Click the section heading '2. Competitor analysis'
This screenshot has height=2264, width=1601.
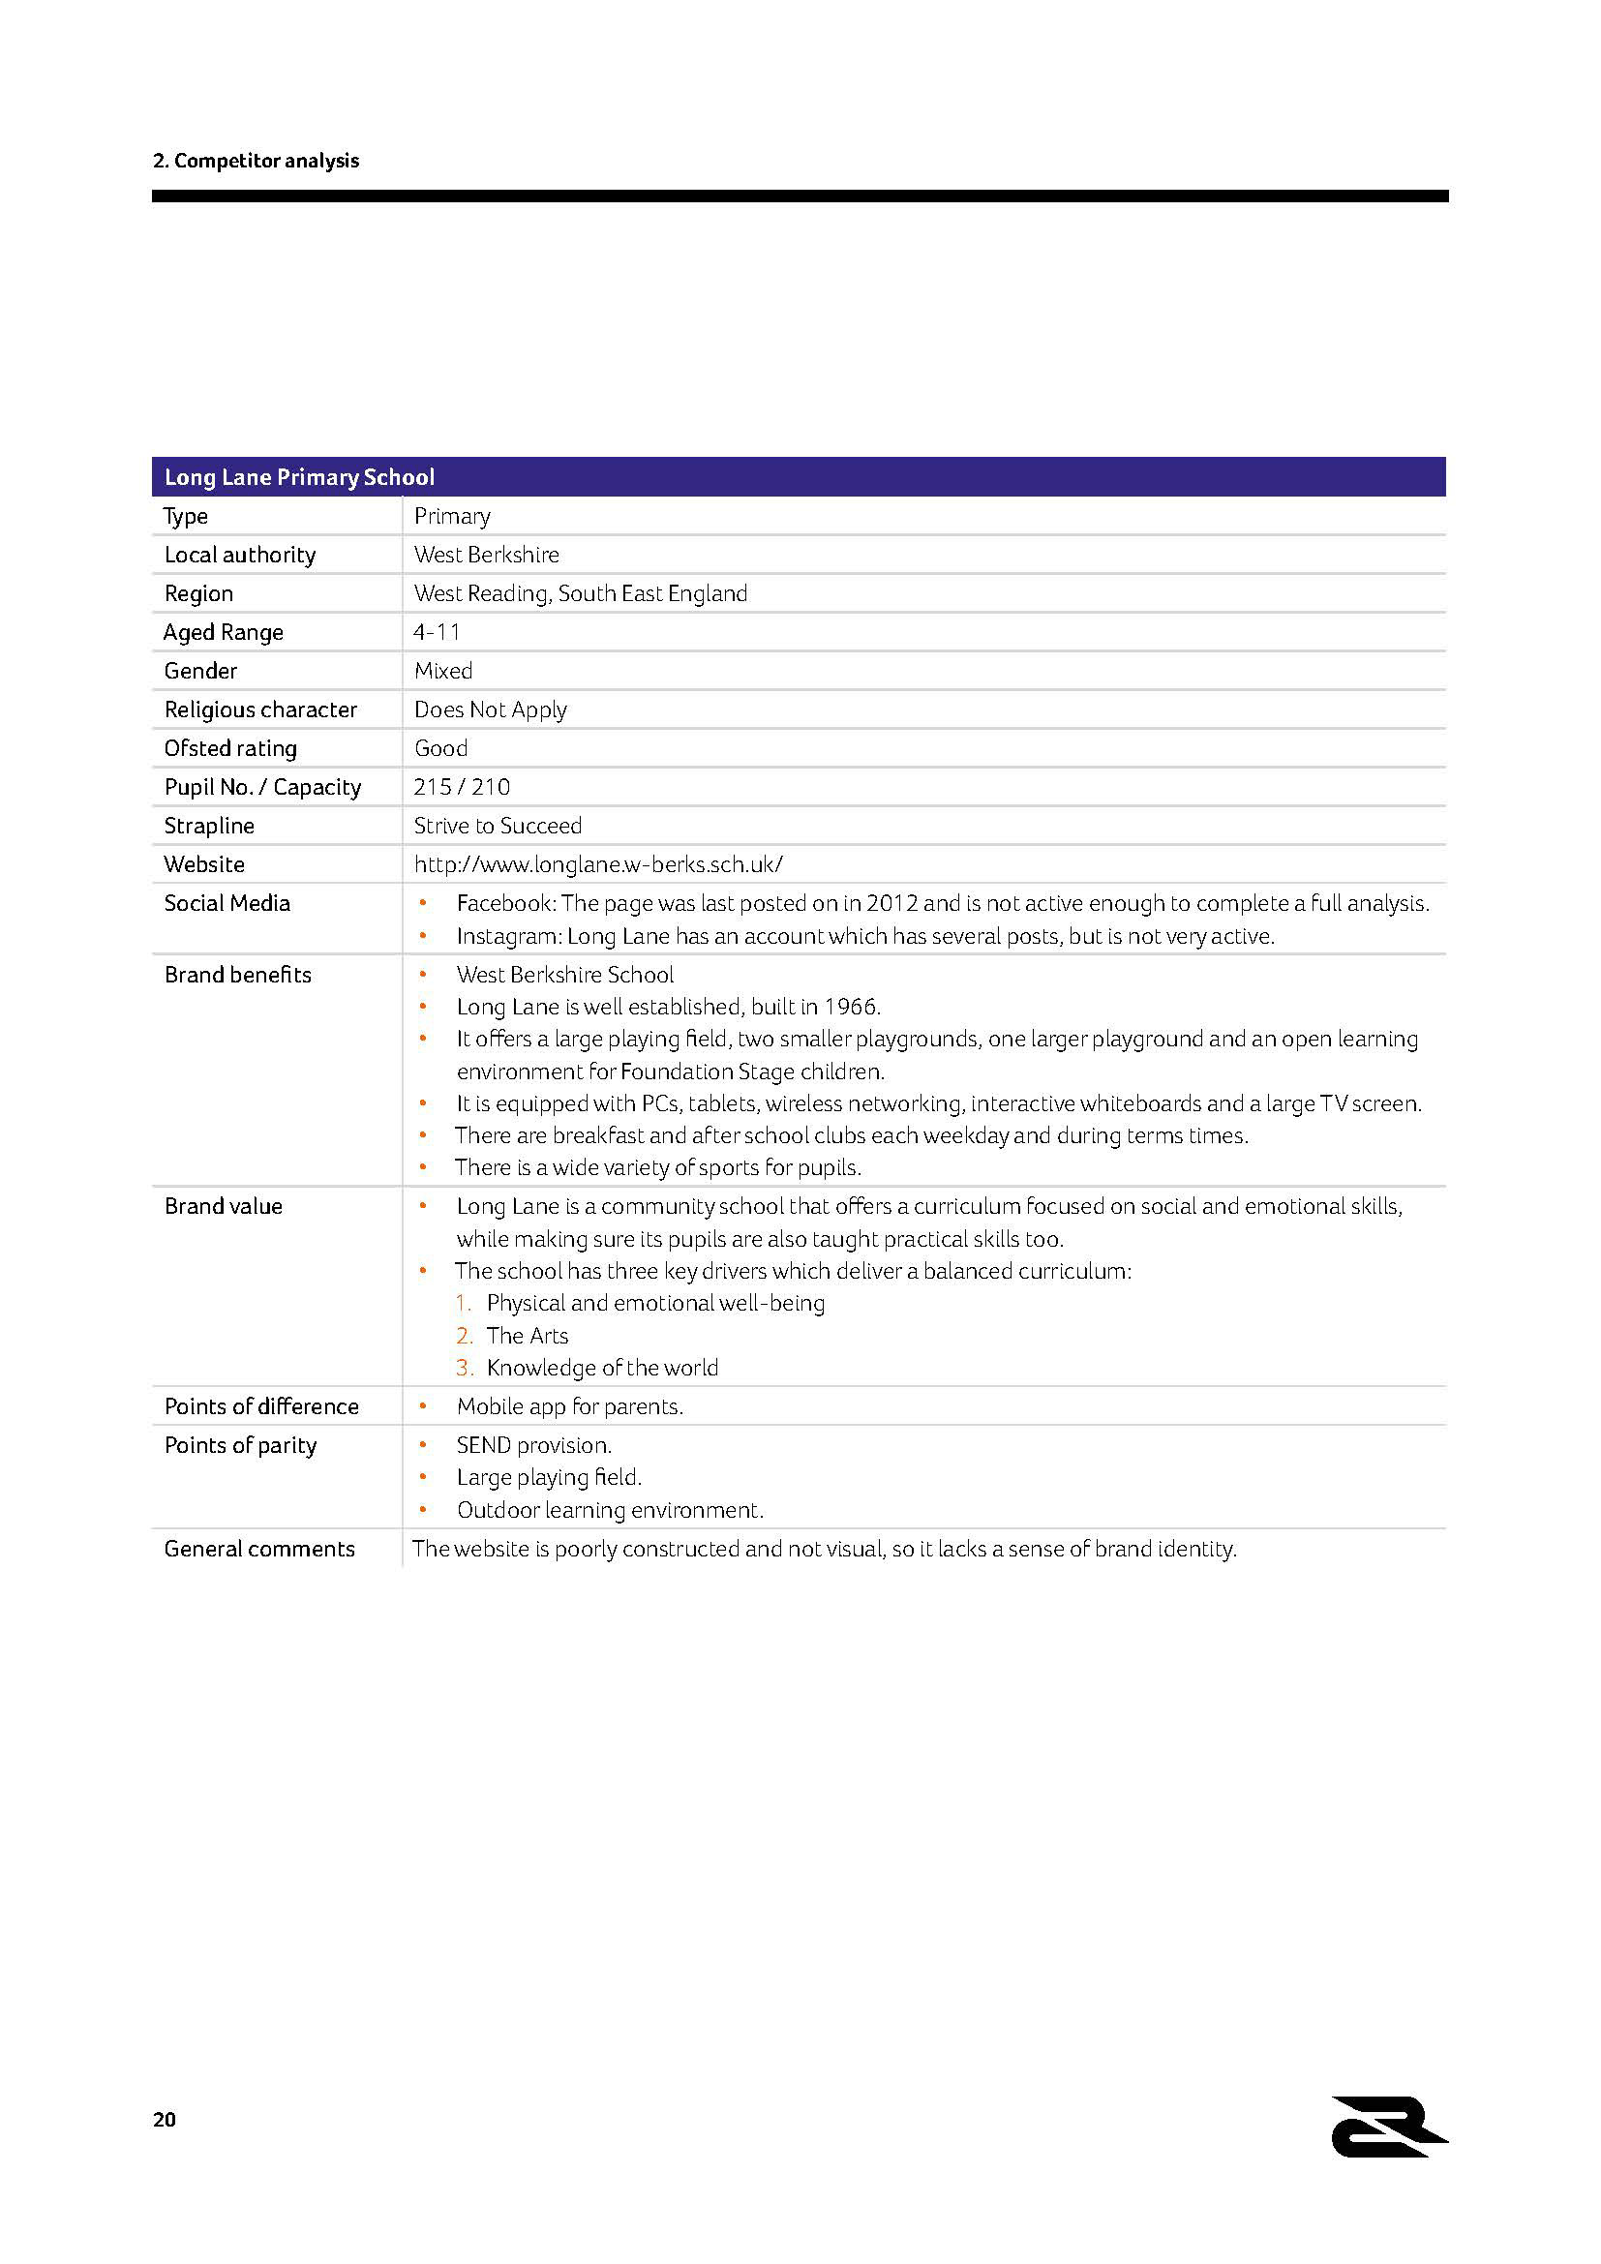click(256, 161)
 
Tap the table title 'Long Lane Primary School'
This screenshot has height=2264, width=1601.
click(299, 477)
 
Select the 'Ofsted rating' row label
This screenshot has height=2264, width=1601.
click(229, 748)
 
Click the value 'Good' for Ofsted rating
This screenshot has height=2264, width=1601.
click(440, 748)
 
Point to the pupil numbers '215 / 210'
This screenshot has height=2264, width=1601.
click(462, 787)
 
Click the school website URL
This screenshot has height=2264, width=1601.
click(598, 864)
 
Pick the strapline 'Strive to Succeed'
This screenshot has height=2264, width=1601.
click(498, 826)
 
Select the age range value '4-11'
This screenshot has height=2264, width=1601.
click(437, 632)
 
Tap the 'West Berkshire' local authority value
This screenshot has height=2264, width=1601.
click(486, 555)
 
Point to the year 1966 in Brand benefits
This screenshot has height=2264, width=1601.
click(850, 1007)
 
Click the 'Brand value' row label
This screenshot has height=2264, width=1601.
click(223, 1206)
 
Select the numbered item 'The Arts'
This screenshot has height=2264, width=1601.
click(528, 1336)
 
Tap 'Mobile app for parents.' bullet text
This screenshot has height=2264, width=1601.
click(570, 1406)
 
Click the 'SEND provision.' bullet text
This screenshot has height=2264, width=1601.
click(533, 1445)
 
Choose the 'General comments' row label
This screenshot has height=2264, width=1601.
click(259, 1549)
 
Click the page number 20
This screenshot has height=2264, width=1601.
click(165, 2120)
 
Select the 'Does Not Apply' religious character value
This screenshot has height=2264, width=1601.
click(490, 709)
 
